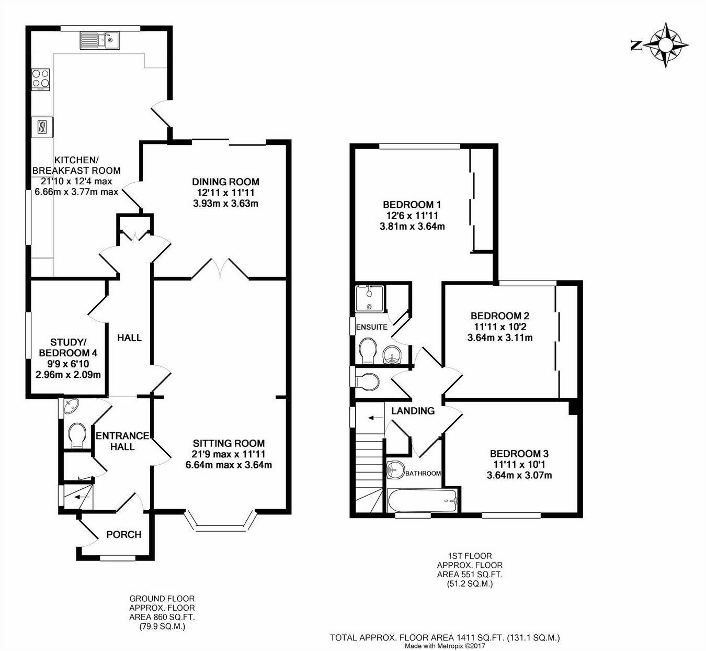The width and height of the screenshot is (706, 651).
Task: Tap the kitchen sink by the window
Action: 99,40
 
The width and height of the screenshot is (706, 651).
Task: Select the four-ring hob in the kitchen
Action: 40,80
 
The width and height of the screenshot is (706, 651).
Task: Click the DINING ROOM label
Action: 225,182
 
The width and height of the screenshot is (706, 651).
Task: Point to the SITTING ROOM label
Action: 229,443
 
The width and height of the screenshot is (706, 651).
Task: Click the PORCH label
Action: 124,535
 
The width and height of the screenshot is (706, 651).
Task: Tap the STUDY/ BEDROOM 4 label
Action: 68,347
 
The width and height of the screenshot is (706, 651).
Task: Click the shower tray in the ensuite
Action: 370,298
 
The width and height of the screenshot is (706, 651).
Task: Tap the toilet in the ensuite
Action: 368,351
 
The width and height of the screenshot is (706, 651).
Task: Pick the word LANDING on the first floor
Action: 413,411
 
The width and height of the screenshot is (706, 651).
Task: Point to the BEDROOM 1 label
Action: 412,205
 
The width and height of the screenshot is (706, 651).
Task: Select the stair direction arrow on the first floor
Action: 375,418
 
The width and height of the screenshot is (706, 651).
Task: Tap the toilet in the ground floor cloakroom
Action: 77,435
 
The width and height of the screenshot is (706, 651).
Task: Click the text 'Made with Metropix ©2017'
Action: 445,646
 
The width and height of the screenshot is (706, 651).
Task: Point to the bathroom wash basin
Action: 396,470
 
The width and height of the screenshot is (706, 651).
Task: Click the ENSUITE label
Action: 372,327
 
